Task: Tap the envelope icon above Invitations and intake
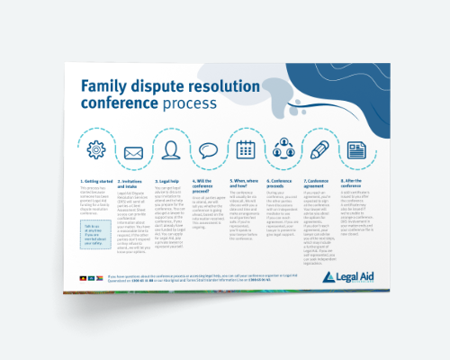pos(133,152)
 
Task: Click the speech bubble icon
pos(209,151)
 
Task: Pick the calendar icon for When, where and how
pos(247,149)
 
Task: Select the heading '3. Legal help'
pos(170,181)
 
